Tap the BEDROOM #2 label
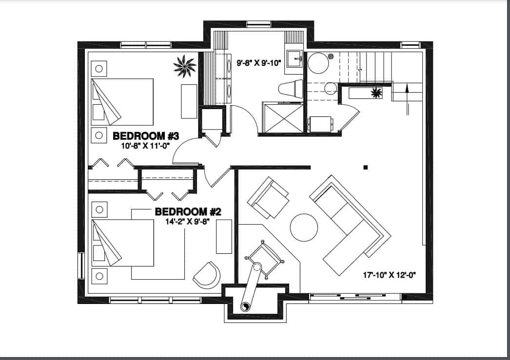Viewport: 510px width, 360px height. [188, 212]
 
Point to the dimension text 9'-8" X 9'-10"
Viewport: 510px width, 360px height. [259, 63]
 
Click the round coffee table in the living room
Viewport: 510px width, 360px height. [304, 227]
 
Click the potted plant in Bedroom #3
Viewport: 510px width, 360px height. [185, 66]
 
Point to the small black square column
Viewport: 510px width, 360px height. [365, 168]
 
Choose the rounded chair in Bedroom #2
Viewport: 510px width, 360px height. [206, 275]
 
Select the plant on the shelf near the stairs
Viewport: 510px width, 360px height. [376, 92]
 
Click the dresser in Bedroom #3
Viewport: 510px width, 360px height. [189, 101]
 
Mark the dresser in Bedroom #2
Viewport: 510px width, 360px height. [224, 236]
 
